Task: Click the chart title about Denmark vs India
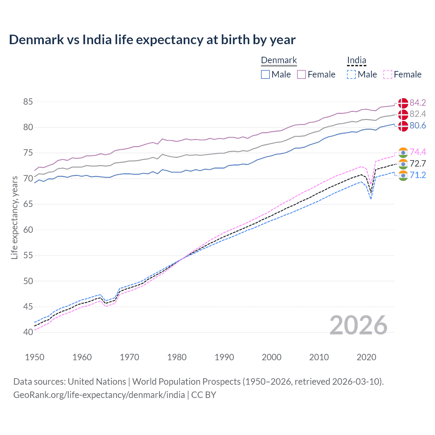click(152, 40)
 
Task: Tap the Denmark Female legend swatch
click(301, 74)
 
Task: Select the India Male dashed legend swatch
click(351, 74)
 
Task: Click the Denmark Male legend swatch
click(265, 74)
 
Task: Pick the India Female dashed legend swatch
click(388, 74)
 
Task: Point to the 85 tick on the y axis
click(28, 102)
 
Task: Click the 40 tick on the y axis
click(28, 332)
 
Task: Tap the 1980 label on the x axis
click(177, 357)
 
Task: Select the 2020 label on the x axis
click(366, 357)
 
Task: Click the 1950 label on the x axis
click(35, 357)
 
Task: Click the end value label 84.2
click(418, 103)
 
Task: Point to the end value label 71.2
click(418, 175)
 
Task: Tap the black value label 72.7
click(418, 163)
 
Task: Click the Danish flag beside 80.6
click(403, 126)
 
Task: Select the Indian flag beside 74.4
click(403, 152)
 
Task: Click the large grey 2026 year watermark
click(359, 325)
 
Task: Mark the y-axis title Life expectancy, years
click(14, 218)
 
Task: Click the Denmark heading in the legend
click(279, 60)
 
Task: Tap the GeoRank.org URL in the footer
click(99, 395)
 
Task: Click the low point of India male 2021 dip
click(371, 199)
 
